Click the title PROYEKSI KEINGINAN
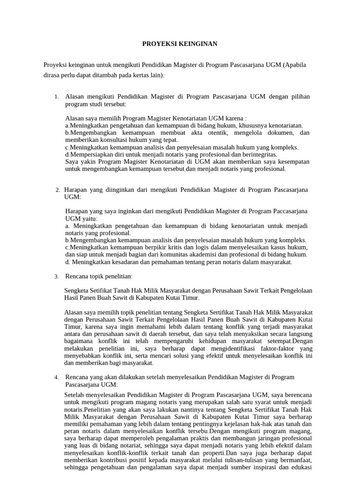click(180, 44)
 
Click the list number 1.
click(56, 97)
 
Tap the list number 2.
click(57, 190)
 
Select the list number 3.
click(56, 276)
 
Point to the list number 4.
click(56, 377)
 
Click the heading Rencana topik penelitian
click(99, 276)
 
